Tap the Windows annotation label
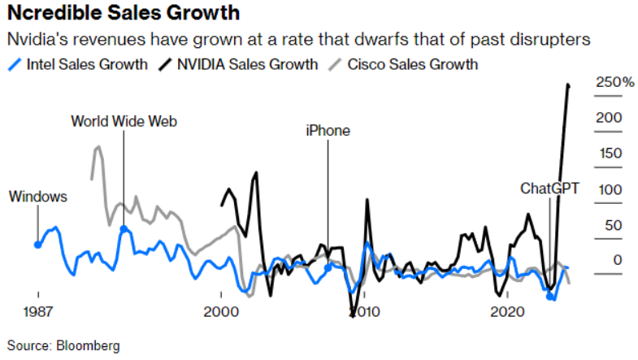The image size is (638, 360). pyautogui.click(x=38, y=197)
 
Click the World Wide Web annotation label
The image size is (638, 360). pyautogui.click(x=124, y=122)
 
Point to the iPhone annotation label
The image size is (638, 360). pyautogui.click(x=328, y=130)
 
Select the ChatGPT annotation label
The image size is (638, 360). pyautogui.click(x=550, y=189)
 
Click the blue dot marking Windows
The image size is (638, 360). pyautogui.click(x=37, y=245)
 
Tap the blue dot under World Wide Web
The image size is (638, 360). pyautogui.click(x=124, y=230)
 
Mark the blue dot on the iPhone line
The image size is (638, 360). pyautogui.click(x=328, y=267)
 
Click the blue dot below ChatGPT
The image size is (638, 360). pyautogui.click(x=551, y=297)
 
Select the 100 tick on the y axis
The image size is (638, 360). pyautogui.click(x=610, y=189)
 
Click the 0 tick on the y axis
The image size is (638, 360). pyautogui.click(x=618, y=260)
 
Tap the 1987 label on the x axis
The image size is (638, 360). pyautogui.click(x=37, y=312)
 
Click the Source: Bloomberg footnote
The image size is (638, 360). pyautogui.click(x=63, y=345)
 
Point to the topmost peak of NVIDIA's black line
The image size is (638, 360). pyautogui.click(x=568, y=85)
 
